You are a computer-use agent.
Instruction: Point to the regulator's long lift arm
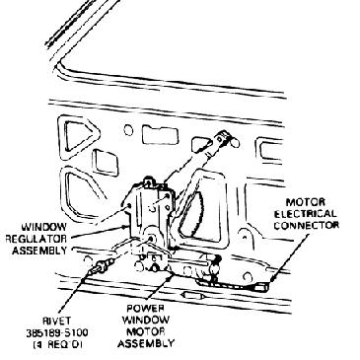coord(197,158)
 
